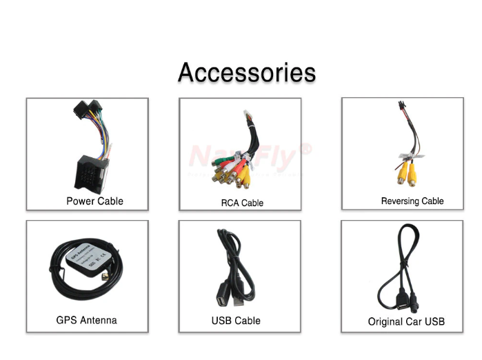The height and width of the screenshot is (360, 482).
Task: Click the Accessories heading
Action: (x=247, y=72)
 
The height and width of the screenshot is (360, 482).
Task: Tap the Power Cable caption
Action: (x=94, y=201)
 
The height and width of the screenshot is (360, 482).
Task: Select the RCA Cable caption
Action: (x=242, y=203)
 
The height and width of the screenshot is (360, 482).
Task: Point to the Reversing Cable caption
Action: (x=412, y=201)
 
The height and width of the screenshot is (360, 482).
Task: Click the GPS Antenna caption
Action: (x=86, y=320)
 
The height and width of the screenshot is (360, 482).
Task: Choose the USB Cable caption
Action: (x=236, y=321)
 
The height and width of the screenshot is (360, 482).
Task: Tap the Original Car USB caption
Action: (x=406, y=321)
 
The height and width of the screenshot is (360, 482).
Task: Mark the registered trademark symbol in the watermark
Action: (x=306, y=149)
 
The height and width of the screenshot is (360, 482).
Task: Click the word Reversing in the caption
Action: (x=400, y=201)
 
